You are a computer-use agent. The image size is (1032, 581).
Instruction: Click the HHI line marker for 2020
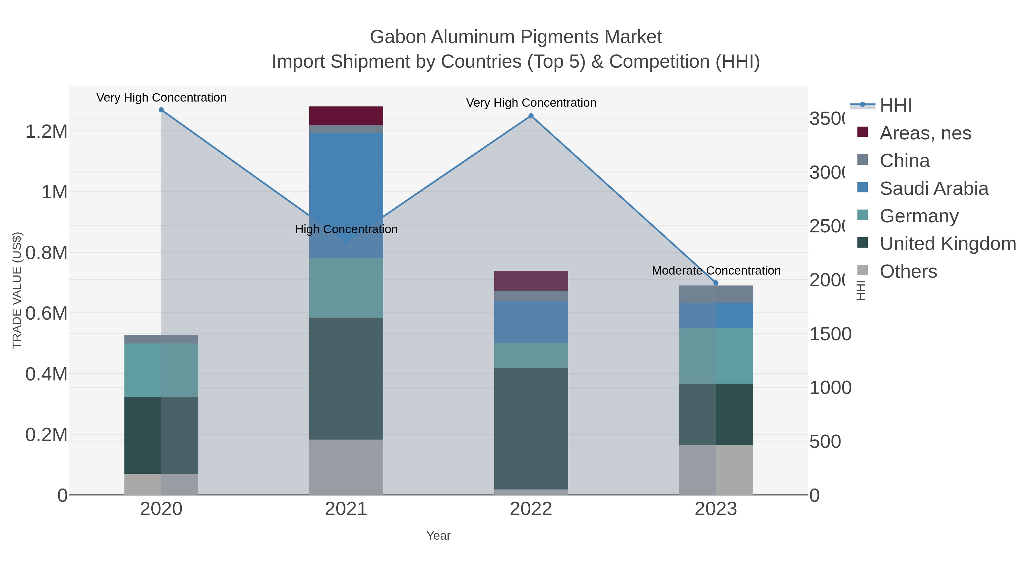pyautogui.click(x=161, y=110)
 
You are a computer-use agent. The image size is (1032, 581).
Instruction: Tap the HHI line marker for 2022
pyautogui.click(x=531, y=116)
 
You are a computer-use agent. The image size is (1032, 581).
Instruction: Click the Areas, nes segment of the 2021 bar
pyautogui.click(x=346, y=116)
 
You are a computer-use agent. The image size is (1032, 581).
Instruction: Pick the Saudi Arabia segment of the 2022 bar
pyautogui.click(x=531, y=322)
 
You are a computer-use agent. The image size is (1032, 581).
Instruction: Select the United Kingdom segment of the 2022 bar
pyautogui.click(x=531, y=428)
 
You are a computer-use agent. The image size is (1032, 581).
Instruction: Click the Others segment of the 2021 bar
pyautogui.click(x=346, y=467)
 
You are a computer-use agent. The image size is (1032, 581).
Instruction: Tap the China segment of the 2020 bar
pyautogui.click(x=161, y=339)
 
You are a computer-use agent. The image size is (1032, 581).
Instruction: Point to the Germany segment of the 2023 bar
pyautogui.click(x=716, y=356)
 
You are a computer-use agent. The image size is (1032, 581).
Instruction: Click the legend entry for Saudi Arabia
pyautogui.click(x=933, y=189)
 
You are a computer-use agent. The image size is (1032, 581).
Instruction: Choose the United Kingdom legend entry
pyautogui.click(x=947, y=243)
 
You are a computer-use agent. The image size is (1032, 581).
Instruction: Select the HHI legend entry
pyautogui.click(x=896, y=106)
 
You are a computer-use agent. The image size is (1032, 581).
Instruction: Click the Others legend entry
pyautogui.click(x=908, y=271)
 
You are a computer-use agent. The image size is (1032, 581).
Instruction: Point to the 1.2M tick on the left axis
pyautogui.click(x=46, y=131)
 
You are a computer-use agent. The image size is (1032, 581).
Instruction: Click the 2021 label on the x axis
pyautogui.click(x=346, y=509)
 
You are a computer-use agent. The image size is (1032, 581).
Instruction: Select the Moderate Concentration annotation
pyautogui.click(x=716, y=271)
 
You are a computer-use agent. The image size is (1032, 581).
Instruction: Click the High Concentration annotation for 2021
pyautogui.click(x=346, y=229)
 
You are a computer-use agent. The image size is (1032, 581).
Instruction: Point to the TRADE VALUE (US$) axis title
pyautogui.click(x=17, y=290)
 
